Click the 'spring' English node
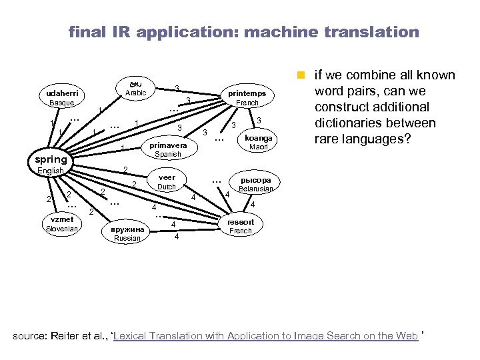(51, 160)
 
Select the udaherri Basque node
(61, 97)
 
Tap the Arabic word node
(135, 88)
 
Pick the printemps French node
(247, 97)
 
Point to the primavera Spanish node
(167, 149)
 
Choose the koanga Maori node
(257, 141)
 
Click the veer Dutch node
(167, 182)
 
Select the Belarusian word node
(256, 185)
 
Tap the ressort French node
(241, 226)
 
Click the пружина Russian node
(127, 233)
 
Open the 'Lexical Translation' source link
(267, 335)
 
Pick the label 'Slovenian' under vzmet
(62, 229)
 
